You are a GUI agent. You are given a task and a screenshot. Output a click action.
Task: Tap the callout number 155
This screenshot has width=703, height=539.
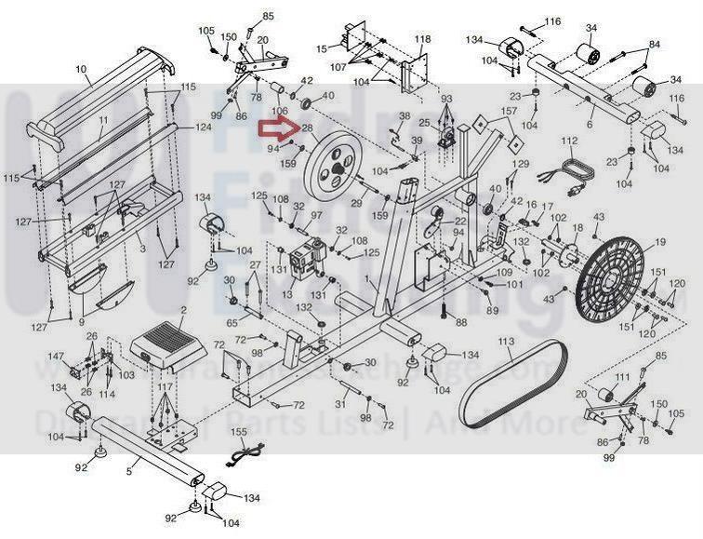point(239,432)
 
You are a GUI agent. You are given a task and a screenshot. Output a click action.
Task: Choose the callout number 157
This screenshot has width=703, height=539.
point(509,111)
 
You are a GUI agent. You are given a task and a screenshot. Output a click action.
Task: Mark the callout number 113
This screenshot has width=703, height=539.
point(506,342)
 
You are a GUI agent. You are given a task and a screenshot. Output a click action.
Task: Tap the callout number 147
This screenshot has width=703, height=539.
point(57,357)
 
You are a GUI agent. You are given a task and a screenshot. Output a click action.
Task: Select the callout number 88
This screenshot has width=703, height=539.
point(460,321)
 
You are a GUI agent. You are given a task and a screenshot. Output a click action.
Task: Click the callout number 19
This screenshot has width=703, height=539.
point(660,243)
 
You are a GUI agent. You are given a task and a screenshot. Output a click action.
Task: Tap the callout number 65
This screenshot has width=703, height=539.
point(232,321)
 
